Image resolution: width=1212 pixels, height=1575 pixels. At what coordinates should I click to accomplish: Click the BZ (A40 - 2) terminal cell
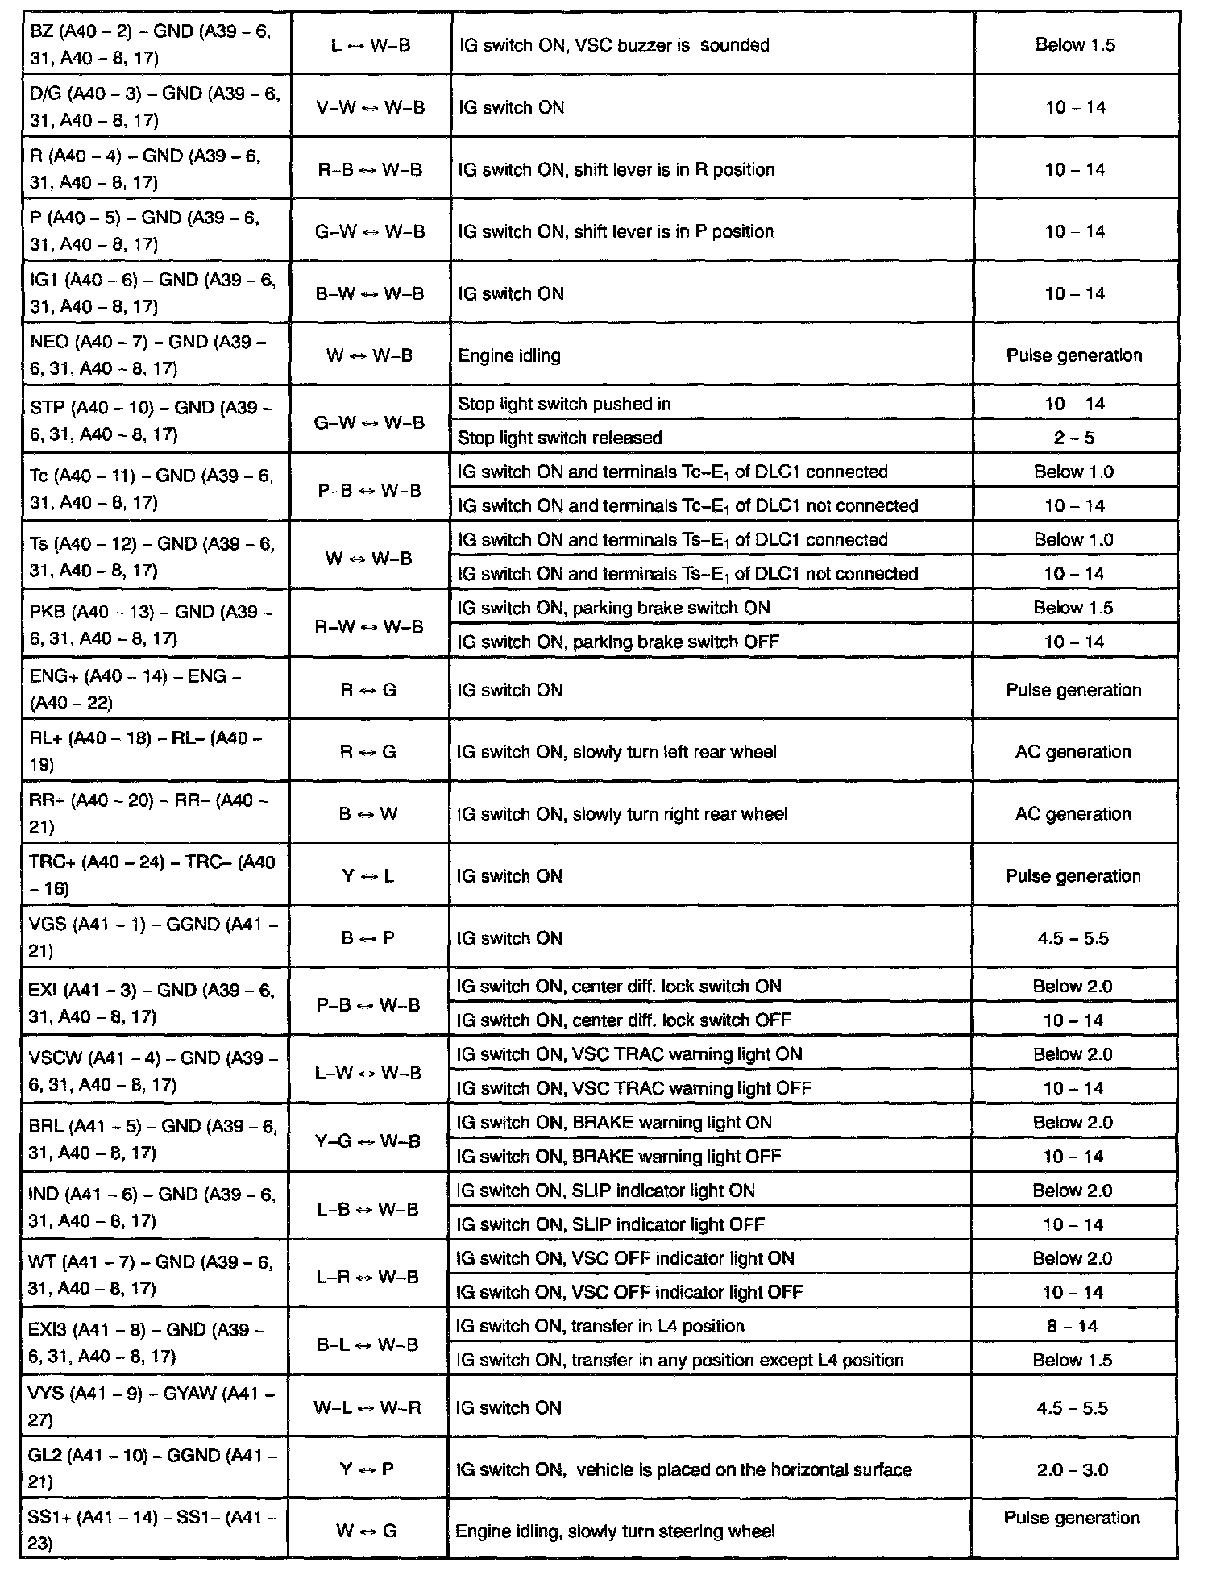(x=156, y=44)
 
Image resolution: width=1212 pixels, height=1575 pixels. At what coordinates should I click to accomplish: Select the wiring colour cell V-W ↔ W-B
(x=370, y=107)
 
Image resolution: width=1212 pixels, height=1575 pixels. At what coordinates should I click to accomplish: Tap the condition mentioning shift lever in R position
(x=616, y=170)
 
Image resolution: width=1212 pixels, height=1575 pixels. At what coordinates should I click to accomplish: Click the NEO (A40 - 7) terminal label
(x=156, y=355)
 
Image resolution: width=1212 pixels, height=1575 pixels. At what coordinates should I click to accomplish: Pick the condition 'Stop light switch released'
(x=560, y=438)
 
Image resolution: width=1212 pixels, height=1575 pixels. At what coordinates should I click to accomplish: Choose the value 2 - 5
(x=1074, y=438)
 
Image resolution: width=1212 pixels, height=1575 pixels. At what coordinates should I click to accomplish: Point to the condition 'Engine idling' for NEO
(x=509, y=355)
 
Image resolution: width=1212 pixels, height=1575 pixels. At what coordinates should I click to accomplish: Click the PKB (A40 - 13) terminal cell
(x=156, y=625)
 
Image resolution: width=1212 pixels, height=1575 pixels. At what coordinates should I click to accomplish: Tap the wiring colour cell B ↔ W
(x=368, y=814)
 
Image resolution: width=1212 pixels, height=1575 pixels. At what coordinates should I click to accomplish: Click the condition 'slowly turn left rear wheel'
(x=616, y=752)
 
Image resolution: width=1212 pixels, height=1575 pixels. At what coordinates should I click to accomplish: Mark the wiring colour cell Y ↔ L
(x=368, y=876)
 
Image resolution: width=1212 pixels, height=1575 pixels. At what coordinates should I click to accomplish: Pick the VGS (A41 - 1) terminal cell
(x=156, y=937)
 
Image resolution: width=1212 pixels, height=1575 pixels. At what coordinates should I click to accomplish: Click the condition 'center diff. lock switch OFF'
(x=624, y=1020)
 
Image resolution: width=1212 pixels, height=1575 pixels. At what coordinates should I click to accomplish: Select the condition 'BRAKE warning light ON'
(x=614, y=1123)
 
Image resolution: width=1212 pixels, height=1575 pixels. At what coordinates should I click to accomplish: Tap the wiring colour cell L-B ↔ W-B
(x=368, y=1209)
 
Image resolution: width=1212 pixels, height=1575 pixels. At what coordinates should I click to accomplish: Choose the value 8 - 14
(x=1073, y=1326)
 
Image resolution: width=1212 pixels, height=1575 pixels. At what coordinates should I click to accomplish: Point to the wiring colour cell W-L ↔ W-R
(x=368, y=1408)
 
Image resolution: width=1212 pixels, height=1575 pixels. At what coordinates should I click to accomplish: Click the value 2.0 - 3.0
(x=1073, y=1470)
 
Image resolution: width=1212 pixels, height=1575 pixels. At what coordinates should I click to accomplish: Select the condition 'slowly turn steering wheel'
(x=615, y=1531)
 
